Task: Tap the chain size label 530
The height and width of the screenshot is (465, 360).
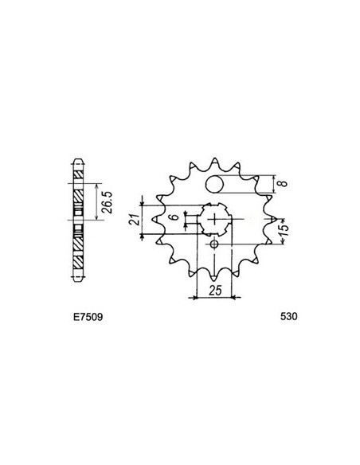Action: point(289,316)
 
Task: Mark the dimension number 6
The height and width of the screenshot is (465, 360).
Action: point(173,217)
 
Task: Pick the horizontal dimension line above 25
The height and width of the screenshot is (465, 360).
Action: point(213,297)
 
